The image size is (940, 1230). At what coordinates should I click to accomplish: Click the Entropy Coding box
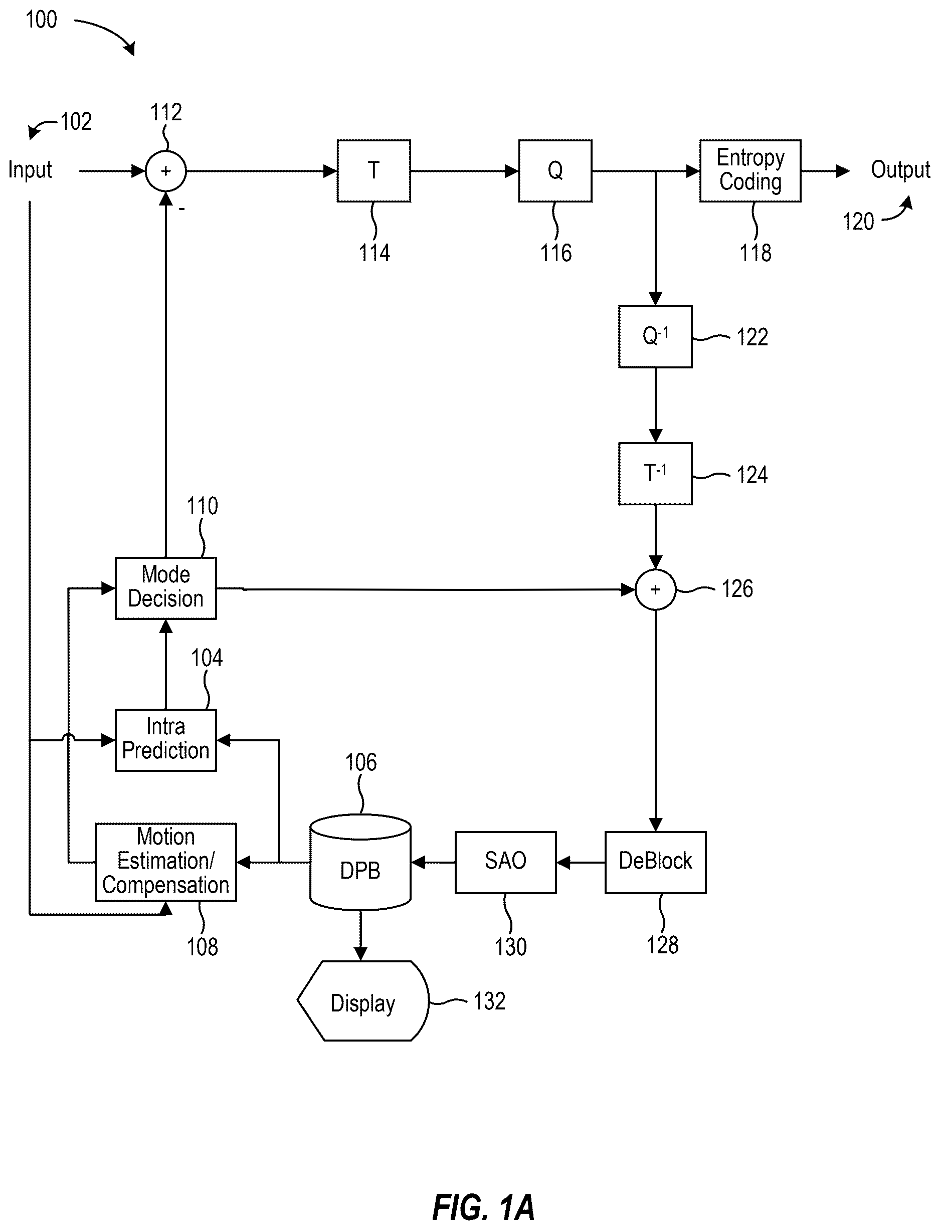[750, 170]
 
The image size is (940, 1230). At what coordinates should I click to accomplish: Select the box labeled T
[374, 170]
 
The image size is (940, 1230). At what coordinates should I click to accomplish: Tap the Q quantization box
[555, 170]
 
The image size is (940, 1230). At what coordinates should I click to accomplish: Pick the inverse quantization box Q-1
[655, 337]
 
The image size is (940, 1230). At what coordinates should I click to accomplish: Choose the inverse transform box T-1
[655, 474]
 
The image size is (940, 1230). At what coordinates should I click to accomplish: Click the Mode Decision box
[165, 588]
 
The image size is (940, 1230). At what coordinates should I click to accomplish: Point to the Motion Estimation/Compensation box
[165, 862]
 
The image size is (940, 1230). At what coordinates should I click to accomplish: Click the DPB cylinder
[360, 862]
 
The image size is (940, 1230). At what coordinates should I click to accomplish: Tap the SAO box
[505, 862]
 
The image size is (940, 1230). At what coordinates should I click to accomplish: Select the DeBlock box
[655, 862]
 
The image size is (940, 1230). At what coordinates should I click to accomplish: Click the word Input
[30, 170]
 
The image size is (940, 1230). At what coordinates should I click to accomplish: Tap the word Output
[900, 170]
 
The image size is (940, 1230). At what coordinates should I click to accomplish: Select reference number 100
[41, 20]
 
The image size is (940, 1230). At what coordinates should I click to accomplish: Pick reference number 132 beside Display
[490, 1001]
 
